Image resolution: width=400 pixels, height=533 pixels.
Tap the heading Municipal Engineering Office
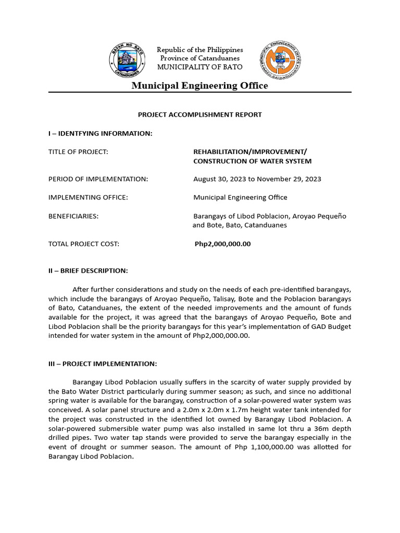point(199,86)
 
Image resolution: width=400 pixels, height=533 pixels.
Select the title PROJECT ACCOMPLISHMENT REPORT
point(199,115)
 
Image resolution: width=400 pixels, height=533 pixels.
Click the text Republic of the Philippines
point(200,49)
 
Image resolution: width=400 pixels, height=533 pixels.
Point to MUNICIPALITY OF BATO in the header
point(200,66)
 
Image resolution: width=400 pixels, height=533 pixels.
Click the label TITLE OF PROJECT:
point(78,151)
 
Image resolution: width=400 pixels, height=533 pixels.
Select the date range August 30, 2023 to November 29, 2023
point(257,179)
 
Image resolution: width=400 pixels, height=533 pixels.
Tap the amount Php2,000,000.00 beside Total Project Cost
point(222,244)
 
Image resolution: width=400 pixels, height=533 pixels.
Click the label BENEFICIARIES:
point(73,216)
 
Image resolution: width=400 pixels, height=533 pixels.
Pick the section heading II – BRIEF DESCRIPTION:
point(87,271)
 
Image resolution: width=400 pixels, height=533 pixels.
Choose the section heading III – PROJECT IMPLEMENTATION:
point(102,364)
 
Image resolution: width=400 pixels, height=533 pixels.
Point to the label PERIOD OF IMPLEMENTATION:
point(98,179)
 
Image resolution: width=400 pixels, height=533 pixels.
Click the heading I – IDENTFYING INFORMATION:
point(100,134)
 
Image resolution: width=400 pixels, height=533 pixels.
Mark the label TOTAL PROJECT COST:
point(84,244)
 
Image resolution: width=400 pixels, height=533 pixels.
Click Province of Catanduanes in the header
point(200,58)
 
